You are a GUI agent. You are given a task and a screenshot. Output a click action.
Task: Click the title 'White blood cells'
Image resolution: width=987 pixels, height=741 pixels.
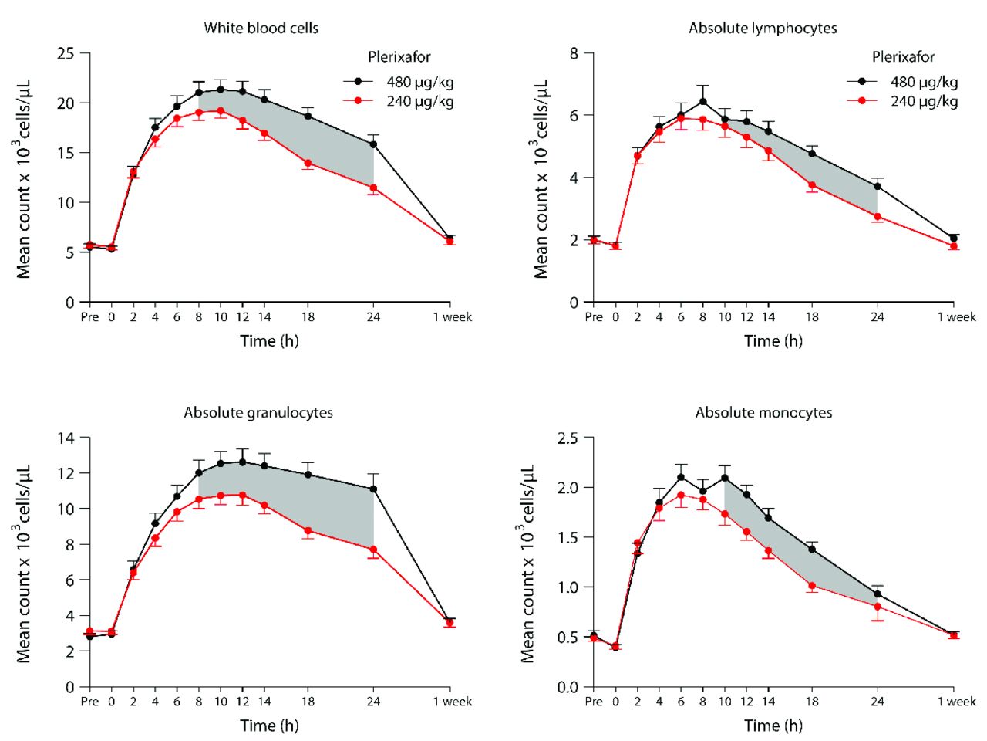coord(261,29)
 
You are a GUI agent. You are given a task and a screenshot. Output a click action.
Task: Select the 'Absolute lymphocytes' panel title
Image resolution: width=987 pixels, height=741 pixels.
coord(763,29)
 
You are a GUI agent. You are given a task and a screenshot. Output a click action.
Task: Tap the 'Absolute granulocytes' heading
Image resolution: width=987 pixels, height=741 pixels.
coord(258,413)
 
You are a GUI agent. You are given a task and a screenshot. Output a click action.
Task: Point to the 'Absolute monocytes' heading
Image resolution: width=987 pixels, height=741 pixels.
coord(763,413)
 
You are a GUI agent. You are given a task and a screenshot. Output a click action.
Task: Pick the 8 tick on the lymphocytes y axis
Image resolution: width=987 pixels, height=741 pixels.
coord(574,53)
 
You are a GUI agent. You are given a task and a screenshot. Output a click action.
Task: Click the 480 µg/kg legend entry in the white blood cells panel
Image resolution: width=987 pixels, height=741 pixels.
coord(420,82)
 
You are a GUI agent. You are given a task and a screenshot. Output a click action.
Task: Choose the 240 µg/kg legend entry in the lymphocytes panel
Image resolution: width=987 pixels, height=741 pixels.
coord(924,101)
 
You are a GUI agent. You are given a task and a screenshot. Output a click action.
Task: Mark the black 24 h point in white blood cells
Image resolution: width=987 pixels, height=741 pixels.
coord(373,144)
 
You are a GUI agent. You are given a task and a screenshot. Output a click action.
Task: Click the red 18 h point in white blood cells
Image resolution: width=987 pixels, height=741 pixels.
coord(308,163)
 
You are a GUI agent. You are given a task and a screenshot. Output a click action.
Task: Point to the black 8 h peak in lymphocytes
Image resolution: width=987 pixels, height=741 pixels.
coord(702,102)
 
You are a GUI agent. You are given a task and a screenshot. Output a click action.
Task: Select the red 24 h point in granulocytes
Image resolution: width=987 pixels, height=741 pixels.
coord(373,550)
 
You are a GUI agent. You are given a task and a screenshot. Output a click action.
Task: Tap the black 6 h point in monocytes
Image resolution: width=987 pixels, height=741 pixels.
coord(681,477)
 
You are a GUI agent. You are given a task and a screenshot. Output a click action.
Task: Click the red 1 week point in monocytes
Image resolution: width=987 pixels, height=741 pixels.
coord(954,635)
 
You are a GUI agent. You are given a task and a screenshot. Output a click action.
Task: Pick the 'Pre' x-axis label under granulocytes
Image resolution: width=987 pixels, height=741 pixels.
coord(89,702)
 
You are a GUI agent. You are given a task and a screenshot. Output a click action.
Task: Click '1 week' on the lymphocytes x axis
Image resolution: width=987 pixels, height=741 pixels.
coord(956,317)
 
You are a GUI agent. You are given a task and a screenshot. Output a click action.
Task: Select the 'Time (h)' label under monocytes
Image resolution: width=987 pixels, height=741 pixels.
coord(773,726)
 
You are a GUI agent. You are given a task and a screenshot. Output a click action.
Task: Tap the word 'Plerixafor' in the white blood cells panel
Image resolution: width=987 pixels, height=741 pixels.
coord(399,57)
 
